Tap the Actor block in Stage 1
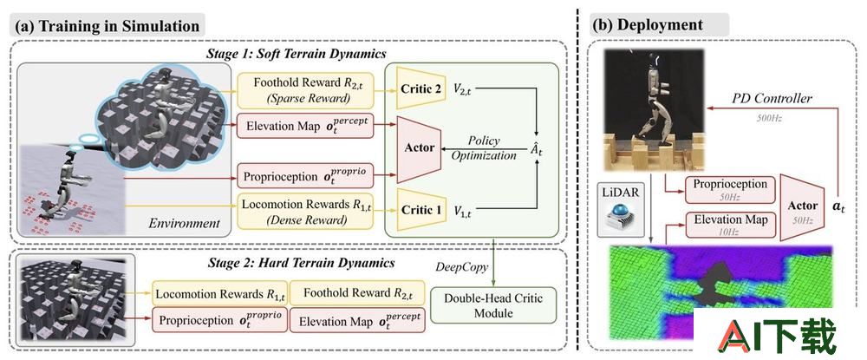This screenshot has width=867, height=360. (x=418, y=148)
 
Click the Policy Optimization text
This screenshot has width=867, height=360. (x=484, y=148)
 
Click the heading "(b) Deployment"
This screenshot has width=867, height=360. (x=648, y=25)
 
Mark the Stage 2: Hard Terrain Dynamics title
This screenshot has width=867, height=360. (x=301, y=262)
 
